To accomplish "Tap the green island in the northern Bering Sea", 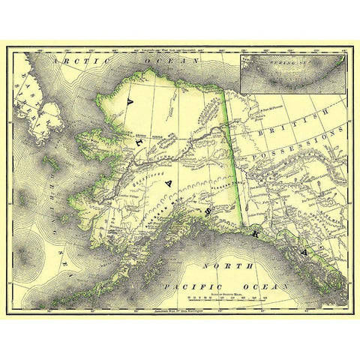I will tap(51, 160).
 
